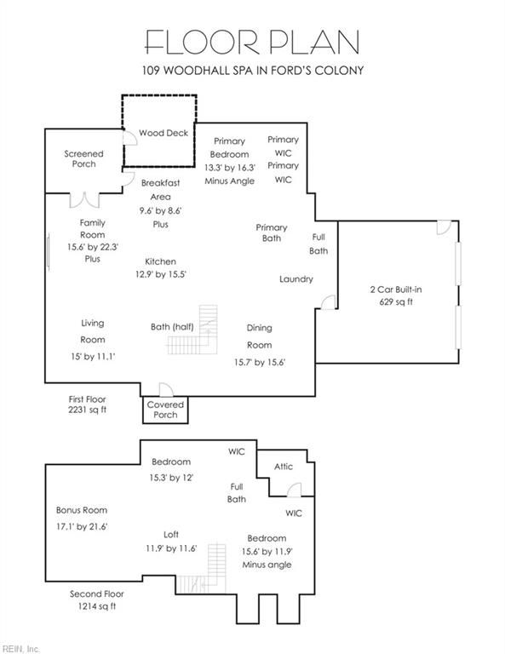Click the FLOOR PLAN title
252,42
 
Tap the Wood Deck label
164,133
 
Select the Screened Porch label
83,159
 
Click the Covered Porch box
165,410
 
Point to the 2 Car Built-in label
396,290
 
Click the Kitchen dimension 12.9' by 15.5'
161,274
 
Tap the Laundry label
296,279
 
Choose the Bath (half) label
172,327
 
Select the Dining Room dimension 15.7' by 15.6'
260,363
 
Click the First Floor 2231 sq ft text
87,404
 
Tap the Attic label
284,467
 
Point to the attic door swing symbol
294,490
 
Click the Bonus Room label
82,510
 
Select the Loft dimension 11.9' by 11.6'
171,548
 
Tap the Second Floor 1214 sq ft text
97,599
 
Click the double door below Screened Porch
84,200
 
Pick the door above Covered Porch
166,389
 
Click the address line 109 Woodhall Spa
253,70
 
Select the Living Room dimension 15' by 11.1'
93,357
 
